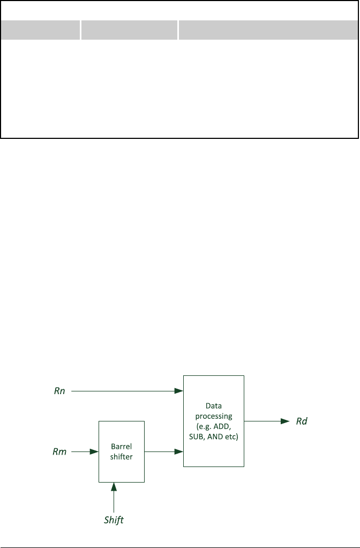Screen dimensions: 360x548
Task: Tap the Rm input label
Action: [59, 452]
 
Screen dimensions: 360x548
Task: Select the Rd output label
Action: [302, 421]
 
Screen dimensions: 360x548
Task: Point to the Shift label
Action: [114, 520]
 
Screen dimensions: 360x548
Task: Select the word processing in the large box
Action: [213, 416]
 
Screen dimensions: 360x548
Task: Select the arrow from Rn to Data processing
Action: [127, 391]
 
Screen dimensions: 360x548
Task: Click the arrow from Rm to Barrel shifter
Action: [85, 452]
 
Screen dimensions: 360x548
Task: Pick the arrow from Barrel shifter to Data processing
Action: [163, 452]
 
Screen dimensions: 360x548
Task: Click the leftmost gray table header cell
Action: [40, 30]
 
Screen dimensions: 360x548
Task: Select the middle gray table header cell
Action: [129, 30]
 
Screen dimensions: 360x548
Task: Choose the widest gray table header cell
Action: [268, 30]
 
